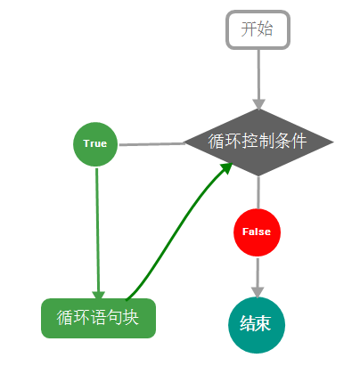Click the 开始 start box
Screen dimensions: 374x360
258,29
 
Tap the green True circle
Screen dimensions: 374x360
95,143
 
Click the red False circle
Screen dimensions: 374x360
257,232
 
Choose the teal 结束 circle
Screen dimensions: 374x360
257,324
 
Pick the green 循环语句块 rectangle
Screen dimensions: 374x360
98,318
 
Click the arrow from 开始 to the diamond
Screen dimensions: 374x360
258,76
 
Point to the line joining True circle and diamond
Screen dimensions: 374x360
151,143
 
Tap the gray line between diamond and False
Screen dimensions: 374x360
258,191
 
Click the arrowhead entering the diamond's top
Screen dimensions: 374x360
258,103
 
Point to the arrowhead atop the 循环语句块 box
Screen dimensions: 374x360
98,295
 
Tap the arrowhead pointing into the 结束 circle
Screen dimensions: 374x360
257,291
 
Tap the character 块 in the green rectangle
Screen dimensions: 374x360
131,318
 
